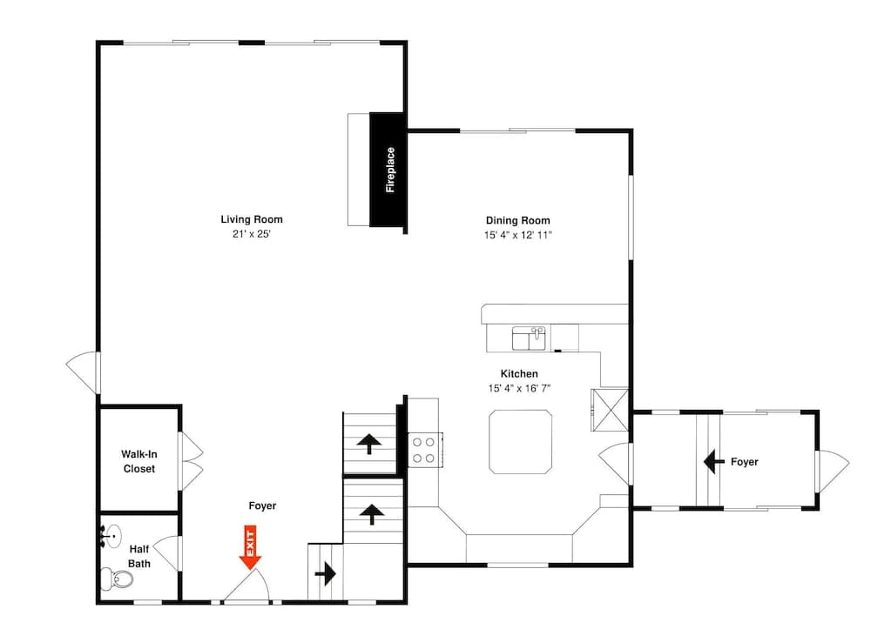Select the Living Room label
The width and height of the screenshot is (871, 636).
[251, 219]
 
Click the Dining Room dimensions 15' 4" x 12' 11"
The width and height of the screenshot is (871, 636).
[517, 235]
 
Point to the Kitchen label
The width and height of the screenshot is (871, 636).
[518, 373]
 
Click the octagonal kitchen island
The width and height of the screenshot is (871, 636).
[520, 442]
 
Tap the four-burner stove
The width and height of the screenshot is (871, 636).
[425, 449]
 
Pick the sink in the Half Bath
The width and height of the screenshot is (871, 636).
[111, 535]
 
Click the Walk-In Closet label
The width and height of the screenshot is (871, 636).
[138, 461]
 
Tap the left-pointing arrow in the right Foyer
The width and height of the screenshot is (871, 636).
[715, 460]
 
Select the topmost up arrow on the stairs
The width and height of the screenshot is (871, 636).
[369, 445]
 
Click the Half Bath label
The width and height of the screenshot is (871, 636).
[139, 556]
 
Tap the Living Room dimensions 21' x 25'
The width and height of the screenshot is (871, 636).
[251, 234]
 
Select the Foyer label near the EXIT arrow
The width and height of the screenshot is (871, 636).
[262, 505]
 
